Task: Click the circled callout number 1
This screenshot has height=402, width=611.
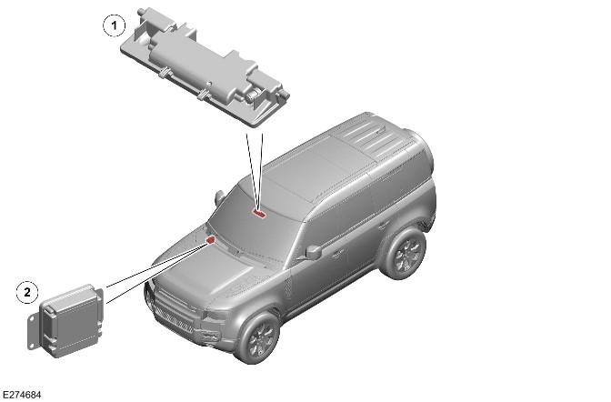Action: click(115, 25)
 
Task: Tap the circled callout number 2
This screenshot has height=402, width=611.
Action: click(27, 292)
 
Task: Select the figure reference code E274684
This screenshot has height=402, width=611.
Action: click(22, 395)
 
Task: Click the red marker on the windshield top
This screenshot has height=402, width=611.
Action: click(259, 213)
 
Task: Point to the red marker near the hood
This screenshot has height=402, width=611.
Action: click(211, 239)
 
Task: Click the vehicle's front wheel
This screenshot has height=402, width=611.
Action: click(259, 337)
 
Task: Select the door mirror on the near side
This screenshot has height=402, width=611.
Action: click(314, 252)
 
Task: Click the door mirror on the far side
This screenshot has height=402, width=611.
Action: click(219, 196)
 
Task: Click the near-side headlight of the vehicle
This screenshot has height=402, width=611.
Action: click(216, 316)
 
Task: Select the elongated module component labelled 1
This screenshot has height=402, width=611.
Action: click(205, 67)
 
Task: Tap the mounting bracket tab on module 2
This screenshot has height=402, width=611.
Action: click(32, 330)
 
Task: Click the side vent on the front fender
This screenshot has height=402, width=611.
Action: click(288, 289)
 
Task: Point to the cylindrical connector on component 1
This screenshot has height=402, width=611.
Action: click(253, 93)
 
